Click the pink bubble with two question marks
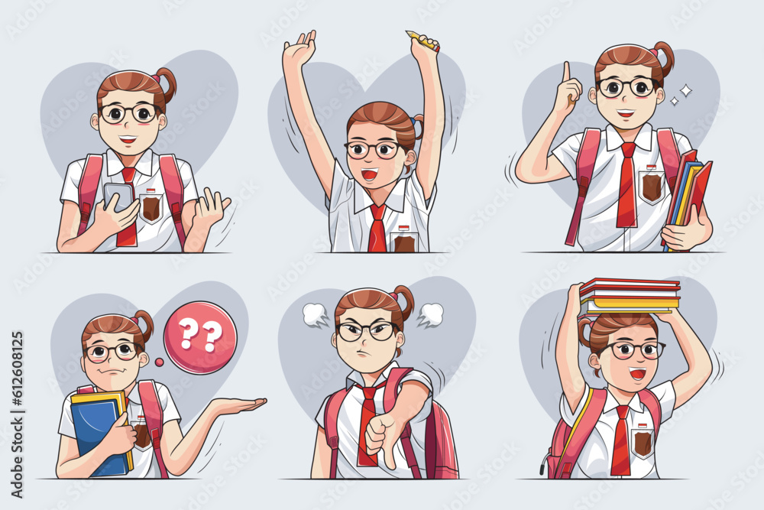coord(200,337)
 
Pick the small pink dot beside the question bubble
coord(159,362)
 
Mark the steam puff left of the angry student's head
coord(315,314)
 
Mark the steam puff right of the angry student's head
coord(431,313)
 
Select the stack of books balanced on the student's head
coord(630,296)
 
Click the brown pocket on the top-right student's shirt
coord(651,186)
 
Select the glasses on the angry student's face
coord(367,331)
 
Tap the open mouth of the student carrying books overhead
coord(636,374)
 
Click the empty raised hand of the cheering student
coord(299,50)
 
